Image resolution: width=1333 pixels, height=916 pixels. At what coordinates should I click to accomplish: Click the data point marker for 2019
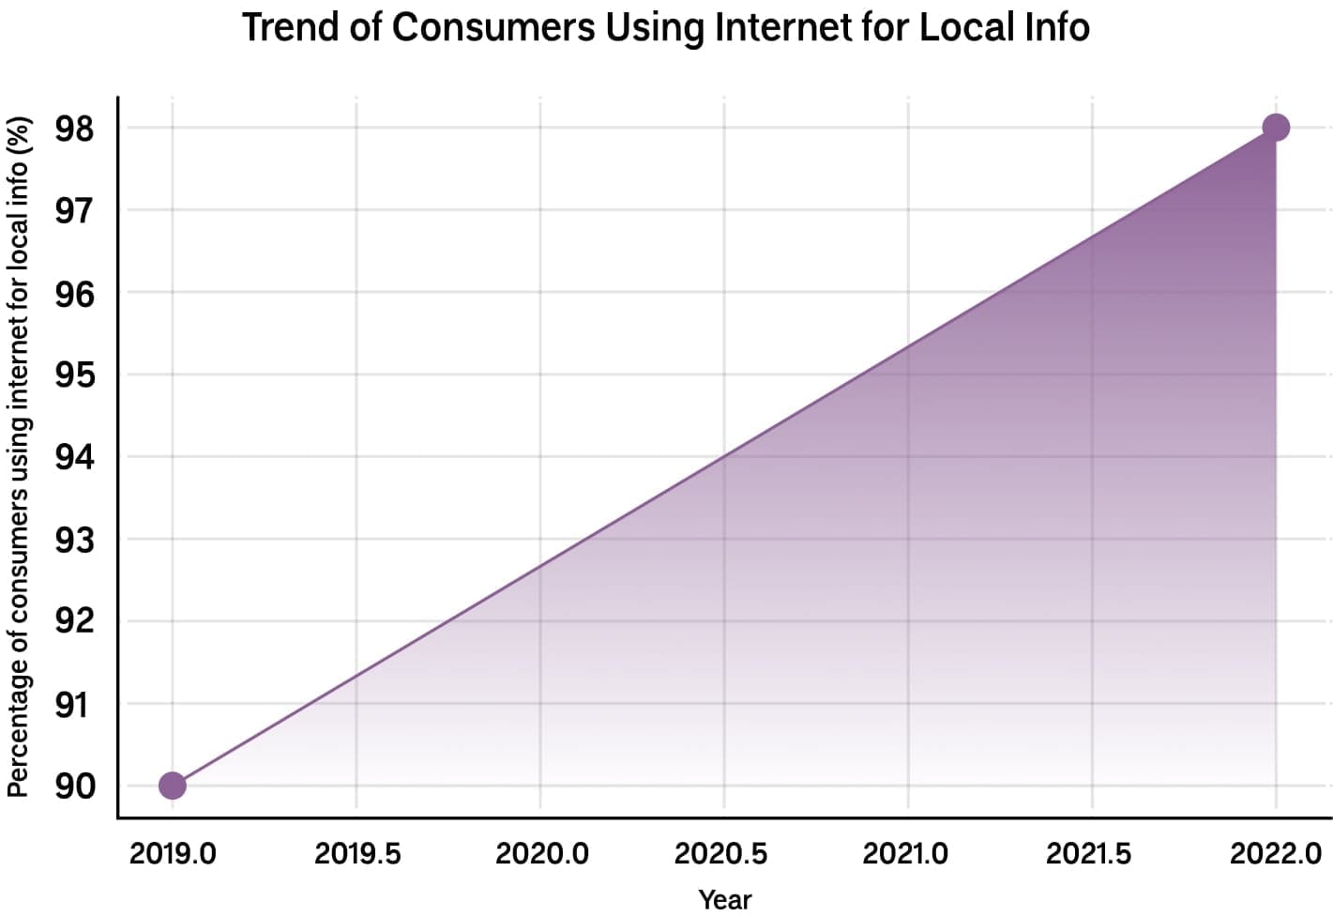tap(173, 786)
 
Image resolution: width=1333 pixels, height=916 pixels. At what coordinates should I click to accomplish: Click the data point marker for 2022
tap(1276, 128)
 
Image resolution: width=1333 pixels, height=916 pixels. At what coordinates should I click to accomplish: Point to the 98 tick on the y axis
tap(75, 129)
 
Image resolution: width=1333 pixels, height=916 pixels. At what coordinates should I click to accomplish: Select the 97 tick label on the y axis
tap(75, 211)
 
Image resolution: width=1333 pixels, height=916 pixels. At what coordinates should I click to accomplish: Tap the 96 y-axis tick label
tap(75, 294)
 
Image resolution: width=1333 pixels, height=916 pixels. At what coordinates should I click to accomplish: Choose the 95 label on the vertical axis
tap(75, 375)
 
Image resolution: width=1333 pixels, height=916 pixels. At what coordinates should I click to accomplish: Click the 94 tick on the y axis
tap(75, 458)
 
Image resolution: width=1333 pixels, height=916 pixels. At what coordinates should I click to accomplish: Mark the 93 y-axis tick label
tap(75, 540)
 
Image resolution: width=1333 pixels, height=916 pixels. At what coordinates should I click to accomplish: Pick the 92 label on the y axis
tap(75, 621)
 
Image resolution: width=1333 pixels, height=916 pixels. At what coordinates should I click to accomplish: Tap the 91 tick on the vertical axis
tap(75, 704)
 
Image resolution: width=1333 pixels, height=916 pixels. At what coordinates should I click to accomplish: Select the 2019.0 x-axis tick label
tap(173, 853)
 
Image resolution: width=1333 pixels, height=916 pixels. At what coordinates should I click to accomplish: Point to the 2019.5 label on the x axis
tap(356, 853)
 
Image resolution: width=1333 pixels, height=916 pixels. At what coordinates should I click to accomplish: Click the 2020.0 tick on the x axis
tap(541, 853)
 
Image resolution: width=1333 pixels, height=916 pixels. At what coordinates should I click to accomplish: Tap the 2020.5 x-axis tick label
tap(720, 853)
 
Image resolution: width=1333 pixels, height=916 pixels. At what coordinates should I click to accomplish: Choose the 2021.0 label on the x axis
tap(905, 853)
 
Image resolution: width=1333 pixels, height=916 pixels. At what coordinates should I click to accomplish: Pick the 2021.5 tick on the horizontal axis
tap(1088, 853)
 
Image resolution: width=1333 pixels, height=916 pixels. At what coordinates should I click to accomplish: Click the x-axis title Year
tap(725, 899)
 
